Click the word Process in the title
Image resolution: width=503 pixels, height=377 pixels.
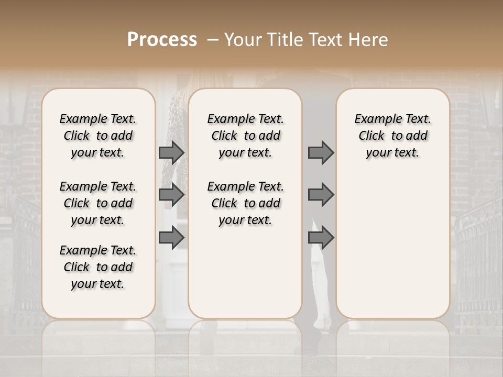pos(162,39)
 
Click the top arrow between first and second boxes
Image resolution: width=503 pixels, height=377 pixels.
pos(171,152)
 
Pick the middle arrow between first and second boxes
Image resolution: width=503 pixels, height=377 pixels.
pos(171,195)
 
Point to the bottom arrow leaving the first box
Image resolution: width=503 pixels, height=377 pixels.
pos(171,238)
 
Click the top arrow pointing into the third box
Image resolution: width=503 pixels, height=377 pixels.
pos(321,152)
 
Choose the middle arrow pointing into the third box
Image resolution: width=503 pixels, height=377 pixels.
pos(321,195)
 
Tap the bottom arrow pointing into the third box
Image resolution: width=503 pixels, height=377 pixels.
pos(321,238)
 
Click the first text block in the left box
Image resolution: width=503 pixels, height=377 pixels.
pos(98,136)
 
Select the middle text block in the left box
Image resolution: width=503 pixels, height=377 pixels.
pos(98,203)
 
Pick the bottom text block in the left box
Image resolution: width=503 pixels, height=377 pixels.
pos(98,267)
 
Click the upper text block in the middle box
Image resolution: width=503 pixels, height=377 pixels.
pos(245,136)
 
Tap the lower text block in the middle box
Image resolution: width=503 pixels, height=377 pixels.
pos(245,203)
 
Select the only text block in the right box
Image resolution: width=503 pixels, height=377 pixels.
pos(392,136)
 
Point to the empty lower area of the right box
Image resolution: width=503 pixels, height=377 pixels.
pos(392,241)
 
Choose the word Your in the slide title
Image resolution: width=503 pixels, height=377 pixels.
pos(244,40)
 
